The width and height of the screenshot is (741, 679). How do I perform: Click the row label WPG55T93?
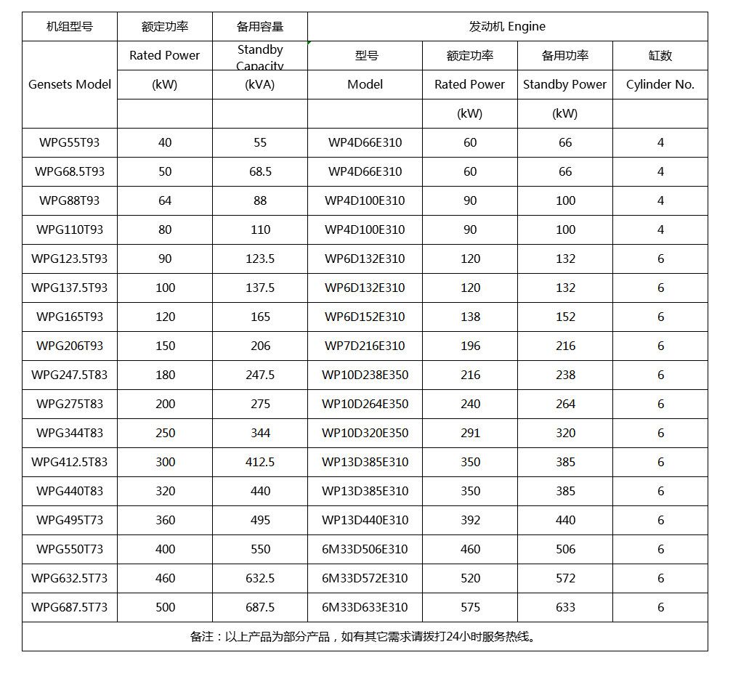[x=70, y=142]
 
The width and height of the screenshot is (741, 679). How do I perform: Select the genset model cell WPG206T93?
[x=70, y=346]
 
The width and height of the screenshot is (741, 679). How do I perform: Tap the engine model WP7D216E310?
[x=365, y=346]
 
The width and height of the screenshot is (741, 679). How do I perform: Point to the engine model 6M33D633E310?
[x=365, y=607]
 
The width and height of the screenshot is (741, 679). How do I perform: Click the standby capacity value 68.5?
[x=260, y=171]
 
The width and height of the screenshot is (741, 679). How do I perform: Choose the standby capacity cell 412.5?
[x=260, y=462]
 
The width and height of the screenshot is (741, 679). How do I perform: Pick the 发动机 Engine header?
[x=507, y=27]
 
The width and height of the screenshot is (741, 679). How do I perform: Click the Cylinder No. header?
[x=660, y=84]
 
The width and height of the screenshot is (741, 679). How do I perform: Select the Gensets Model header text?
[x=70, y=84]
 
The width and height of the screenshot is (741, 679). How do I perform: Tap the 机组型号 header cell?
[x=70, y=27]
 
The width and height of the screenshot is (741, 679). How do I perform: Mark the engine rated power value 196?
[x=470, y=346]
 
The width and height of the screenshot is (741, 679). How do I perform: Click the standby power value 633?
[x=565, y=607]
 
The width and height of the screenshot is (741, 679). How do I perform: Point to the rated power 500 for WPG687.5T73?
[x=165, y=607]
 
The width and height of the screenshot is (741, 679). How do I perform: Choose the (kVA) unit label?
[x=260, y=84]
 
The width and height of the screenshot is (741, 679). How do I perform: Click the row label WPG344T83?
[x=70, y=433]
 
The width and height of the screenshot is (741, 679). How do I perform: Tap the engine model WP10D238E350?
[x=365, y=375]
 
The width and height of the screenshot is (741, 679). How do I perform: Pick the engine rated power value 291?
[x=470, y=433]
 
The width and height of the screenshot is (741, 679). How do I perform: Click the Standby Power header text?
[x=565, y=84]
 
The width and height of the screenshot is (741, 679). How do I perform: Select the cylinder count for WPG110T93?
[x=660, y=229]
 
